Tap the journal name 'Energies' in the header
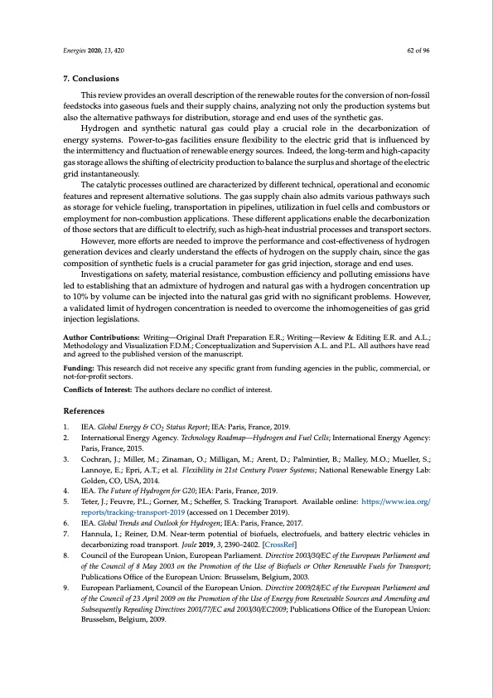(x=76, y=51)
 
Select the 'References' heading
(x=84, y=410)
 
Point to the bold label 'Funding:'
(x=80, y=366)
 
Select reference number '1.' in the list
(x=68, y=426)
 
